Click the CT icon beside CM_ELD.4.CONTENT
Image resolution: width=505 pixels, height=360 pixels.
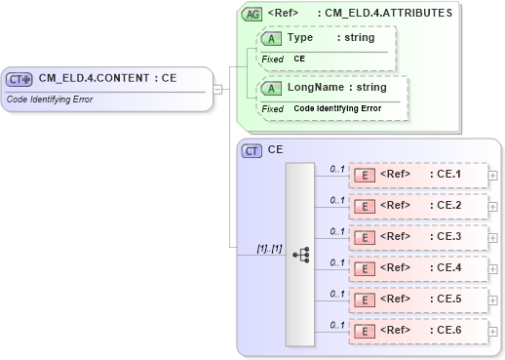coord(19,80)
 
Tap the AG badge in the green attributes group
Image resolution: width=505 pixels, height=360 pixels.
coord(252,14)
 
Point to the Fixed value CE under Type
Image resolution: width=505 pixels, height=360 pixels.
coord(300,59)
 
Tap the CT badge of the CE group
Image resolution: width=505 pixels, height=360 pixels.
coord(252,151)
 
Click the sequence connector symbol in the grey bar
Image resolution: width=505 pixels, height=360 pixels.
coord(301,254)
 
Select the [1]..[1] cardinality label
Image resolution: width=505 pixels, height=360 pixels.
coord(269,249)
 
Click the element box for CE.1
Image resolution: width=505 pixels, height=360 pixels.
coord(418,175)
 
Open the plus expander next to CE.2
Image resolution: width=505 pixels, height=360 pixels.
coord(492,207)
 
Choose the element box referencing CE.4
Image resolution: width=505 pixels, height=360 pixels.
coord(418,268)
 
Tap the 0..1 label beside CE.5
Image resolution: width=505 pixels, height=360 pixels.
coord(337,294)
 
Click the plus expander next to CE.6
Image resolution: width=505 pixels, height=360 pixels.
coord(492,332)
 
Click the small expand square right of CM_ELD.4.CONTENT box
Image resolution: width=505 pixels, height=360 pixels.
coord(218,89)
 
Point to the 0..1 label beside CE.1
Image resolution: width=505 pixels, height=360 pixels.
coord(337,169)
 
